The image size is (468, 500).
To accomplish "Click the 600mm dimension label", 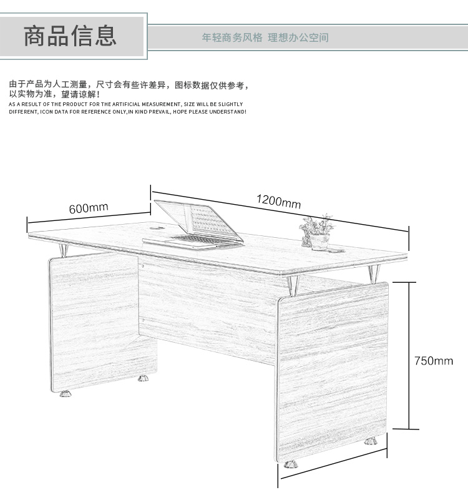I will (x=89, y=208).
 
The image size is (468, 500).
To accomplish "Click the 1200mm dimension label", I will (x=278, y=201).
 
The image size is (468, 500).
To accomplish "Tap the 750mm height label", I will (x=434, y=361).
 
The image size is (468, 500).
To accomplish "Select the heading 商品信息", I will (x=71, y=36).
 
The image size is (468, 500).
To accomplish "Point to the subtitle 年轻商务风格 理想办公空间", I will (x=265, y=37).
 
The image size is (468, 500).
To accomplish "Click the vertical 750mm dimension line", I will (x=409, y=356).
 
